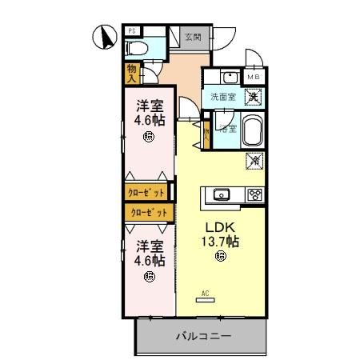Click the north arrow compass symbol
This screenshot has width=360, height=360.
[102, 36]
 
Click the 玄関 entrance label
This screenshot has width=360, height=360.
[192, 37]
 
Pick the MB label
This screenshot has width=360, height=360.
[254, 77]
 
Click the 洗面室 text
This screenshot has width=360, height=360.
[222, 97]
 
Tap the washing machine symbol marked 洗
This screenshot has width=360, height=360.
[253, 96]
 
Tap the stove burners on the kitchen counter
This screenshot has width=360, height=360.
[255, 194]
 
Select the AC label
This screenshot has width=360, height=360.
[205, 293]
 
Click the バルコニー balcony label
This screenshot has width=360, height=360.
[204, 336]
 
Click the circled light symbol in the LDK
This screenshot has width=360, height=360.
[221, 257]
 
